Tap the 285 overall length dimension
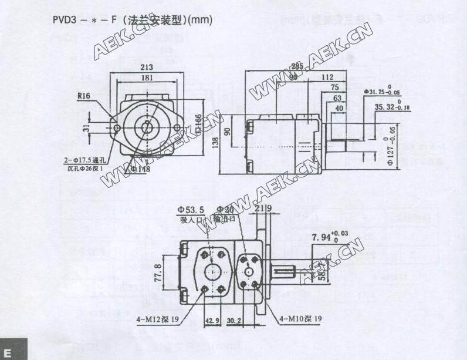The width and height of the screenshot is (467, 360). (297, 66)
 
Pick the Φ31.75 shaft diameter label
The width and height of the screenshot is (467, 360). (384, 92)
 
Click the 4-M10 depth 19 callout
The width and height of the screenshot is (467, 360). (299, 319)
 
